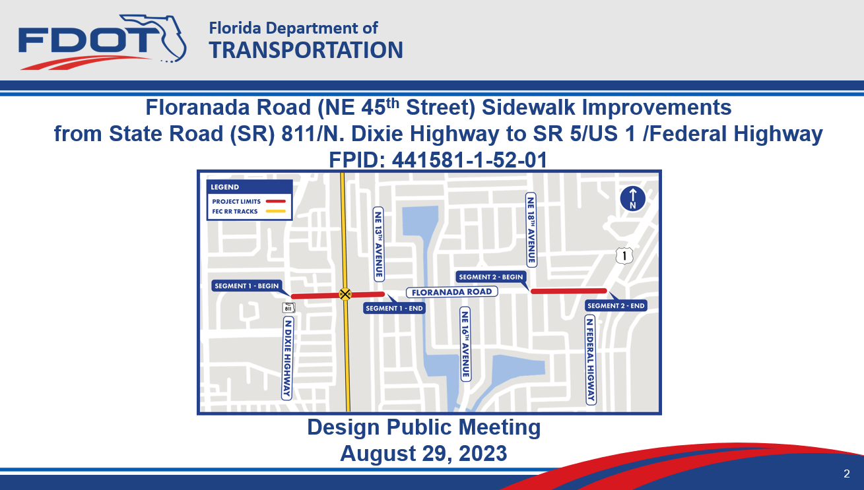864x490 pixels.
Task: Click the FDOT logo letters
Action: tap(88, 40)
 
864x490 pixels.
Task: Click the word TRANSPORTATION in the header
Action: tap(306, 50)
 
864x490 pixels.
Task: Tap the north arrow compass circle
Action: tap(632, 199)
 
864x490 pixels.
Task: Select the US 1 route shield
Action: tap(624, 256)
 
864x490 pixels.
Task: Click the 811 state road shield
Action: tap(288, 307)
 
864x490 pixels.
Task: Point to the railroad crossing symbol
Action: tap(345, 294)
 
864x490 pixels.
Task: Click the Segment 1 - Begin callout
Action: tap(247, 286)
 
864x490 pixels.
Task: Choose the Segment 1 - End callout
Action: tap(394, 308)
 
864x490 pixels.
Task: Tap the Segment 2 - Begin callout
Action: tap(490, 277)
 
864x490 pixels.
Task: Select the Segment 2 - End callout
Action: tap(616, 306)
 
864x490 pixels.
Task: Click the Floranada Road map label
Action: tap(451, 292)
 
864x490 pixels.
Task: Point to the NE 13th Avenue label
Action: tap(379, 244)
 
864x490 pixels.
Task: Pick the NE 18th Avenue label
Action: tap(531, 230)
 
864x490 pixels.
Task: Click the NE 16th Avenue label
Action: tap(465, 344)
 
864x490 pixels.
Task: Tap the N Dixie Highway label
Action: tap(287, 358)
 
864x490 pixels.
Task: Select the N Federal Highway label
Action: tap(591, 359)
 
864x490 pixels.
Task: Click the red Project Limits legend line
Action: tap(276, 201)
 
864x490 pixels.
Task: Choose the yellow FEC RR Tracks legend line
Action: tap(276, 211)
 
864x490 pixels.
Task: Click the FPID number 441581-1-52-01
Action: tap(469, 160)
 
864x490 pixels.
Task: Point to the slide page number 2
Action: tap(847, 474)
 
